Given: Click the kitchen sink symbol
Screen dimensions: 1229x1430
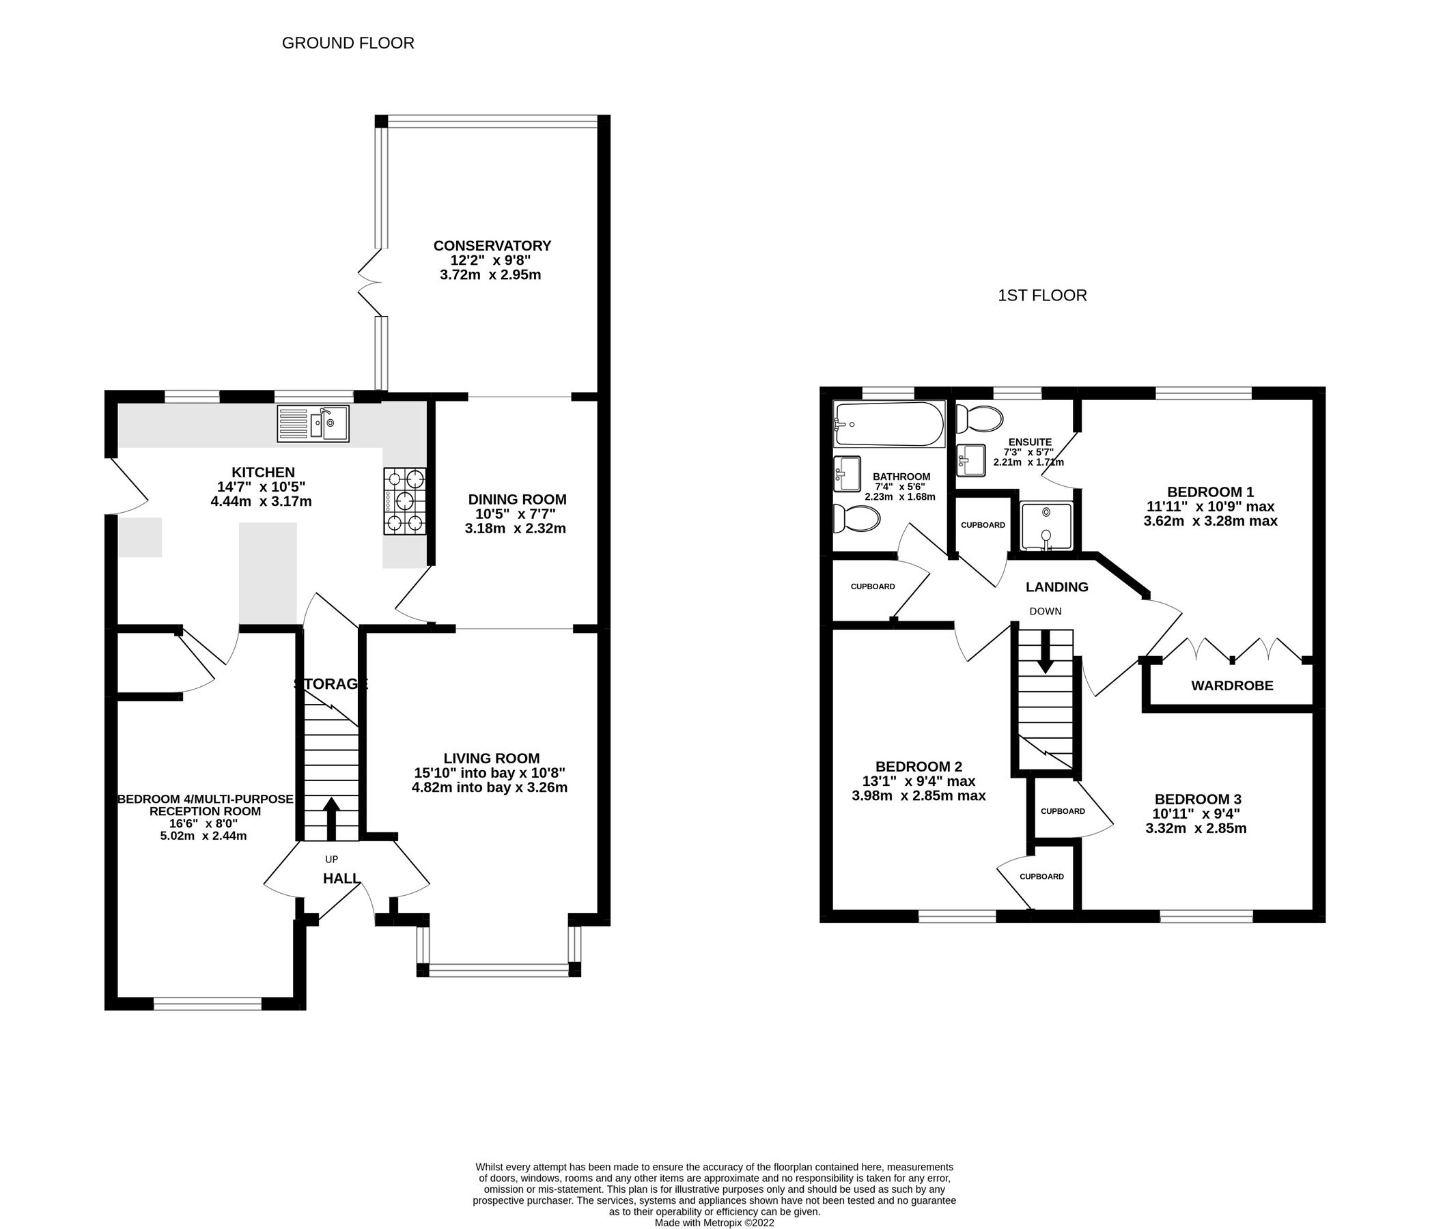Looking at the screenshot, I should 313,423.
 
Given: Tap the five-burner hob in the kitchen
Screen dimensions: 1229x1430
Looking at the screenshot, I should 404,501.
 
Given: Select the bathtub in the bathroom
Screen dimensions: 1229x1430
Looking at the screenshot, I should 889,425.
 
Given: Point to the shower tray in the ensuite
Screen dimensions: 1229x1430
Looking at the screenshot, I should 1047,526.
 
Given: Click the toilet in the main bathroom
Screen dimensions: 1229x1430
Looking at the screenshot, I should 856,518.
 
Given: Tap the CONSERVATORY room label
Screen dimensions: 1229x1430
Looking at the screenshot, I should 492,246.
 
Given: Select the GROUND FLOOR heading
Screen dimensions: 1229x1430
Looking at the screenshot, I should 348,43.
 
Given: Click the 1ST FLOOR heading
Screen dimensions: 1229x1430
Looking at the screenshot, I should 1041,296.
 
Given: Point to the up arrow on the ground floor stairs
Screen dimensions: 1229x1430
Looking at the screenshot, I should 331,817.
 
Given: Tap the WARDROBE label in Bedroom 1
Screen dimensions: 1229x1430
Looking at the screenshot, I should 1232,686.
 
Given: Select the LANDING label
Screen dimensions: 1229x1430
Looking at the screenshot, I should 1056,587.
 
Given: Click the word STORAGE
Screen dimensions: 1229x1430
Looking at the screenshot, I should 331,684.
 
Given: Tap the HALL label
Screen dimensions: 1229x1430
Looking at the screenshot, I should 341,879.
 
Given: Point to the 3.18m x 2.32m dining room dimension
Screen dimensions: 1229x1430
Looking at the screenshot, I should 515,528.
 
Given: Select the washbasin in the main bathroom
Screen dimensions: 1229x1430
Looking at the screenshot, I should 847,473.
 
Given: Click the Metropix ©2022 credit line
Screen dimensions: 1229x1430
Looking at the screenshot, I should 714,1222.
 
